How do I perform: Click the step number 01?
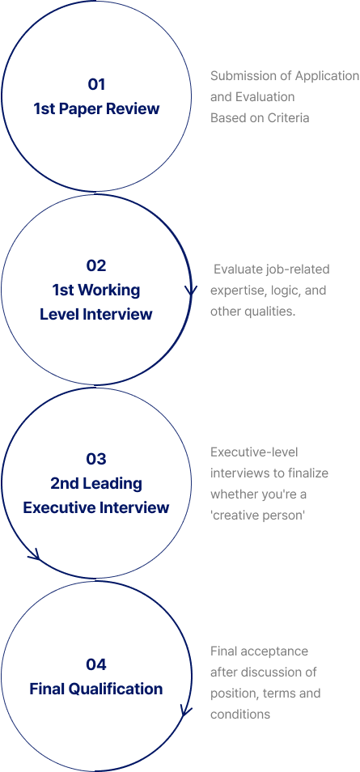pyautogui.click(x=96, y=85)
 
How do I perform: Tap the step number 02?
pyautogui.click(x=96, y=266)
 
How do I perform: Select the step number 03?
pyautogui.click(x=96, y=459)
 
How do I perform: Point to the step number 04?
pyautogui.click(x=96, y=664)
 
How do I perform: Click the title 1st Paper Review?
pyautogui.click(x=96, y=108)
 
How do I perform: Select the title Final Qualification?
pyautogui.click(x=96, y=689)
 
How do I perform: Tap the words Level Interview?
pyautogui.click(x=96, y=314)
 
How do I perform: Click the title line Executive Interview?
pyautogui.click(x=96, y=507)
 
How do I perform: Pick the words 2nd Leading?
pyautogui.click(x=96, y=483)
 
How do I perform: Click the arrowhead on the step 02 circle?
pyautogui.click(x=191, y=291)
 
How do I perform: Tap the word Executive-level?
pyautogui.click(x=254, y=452)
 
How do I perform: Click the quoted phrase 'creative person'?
pyautogui.click(x=257, y=515)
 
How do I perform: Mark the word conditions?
pyautogui.click(x=240, y=715)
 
